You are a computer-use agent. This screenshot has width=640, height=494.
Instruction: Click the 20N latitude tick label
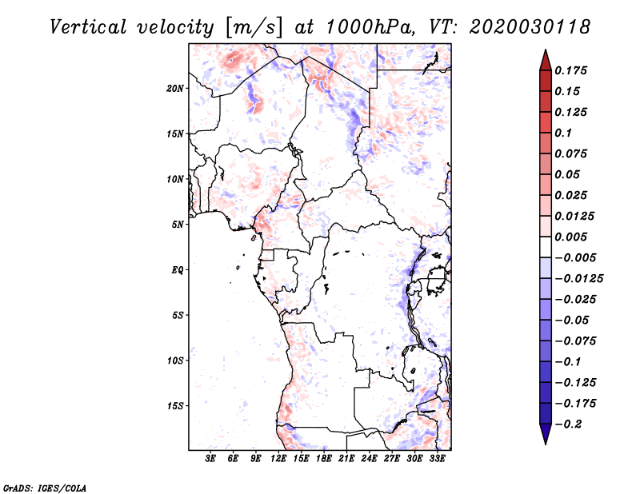click(175, 89)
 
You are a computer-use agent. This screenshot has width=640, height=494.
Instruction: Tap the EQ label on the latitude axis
click(177, 270)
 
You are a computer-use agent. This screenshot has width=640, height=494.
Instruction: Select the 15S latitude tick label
click(175, 406)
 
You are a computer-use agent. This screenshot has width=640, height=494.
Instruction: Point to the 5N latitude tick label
click(178, 225)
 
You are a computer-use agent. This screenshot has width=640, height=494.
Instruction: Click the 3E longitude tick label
click(210, 459)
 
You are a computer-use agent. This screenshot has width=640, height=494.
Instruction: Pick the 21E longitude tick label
click(346, 459)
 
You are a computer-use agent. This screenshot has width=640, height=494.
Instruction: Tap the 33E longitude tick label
click(437, 459)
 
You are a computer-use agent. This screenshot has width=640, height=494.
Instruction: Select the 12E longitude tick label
click(278, 459)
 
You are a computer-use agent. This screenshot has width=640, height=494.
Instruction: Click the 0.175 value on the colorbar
click(570, 70)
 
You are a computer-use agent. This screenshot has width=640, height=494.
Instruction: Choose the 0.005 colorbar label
click(570, 237)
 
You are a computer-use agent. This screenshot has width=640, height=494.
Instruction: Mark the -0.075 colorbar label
click(575, 341)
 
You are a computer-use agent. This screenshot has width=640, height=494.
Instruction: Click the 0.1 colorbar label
click(563, 133)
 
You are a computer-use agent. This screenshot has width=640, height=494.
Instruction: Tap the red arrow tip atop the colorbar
click(546, 50)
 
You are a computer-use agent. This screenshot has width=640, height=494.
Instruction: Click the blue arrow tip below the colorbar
click(546, 444)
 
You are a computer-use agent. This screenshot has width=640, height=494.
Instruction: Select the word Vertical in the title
click(88, 27)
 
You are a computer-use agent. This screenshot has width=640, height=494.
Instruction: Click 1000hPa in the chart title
click(368, 27)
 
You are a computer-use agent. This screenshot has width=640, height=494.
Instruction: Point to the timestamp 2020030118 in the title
click(530, 27)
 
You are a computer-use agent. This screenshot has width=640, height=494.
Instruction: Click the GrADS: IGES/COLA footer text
click(45, 488)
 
